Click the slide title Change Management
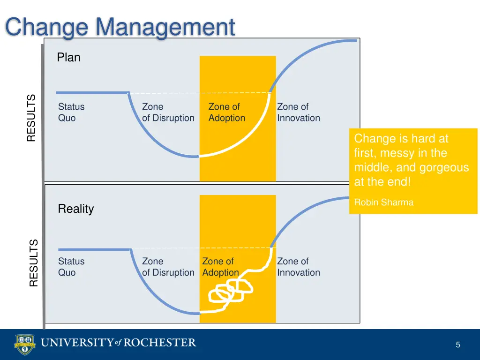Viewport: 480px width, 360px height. click(120, 27)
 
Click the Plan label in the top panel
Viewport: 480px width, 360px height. click(68, 58)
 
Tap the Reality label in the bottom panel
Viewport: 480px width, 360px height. click(75, 209)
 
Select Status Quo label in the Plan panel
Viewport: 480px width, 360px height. click(71, 112)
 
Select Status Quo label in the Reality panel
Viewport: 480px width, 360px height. click(71, 267)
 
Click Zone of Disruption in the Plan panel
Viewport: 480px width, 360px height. click(168, 112)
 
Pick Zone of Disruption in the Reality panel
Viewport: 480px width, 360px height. click(168, 267)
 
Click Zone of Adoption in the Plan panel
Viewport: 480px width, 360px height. click(226, 112)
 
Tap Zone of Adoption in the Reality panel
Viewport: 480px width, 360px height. click(220, 267)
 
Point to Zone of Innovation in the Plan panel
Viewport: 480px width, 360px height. click(298, 112)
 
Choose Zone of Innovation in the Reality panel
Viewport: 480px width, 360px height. click(298, 267)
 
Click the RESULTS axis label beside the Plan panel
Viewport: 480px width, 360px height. click(31, 118)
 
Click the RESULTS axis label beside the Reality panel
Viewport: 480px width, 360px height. click(33, 262)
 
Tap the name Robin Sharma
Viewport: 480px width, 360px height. click(384, 202)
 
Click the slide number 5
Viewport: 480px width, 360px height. click(457, 345)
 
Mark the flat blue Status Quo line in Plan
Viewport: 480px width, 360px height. click(91, 93)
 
